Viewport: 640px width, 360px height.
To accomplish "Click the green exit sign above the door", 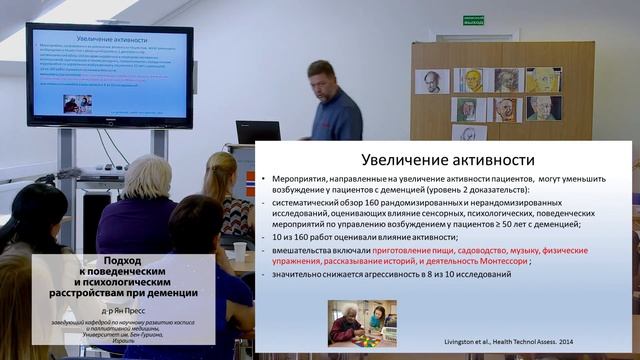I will point(473,21).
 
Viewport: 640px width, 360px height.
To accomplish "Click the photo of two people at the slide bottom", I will point(362,323).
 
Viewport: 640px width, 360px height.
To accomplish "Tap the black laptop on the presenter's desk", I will point(257,132).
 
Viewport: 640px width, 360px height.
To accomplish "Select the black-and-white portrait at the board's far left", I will point(433,81).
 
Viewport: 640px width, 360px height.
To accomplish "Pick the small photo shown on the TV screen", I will point(77,103).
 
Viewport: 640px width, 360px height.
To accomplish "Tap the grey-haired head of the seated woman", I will point(148,176).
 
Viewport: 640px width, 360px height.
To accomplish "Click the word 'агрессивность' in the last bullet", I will point(376,273).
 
